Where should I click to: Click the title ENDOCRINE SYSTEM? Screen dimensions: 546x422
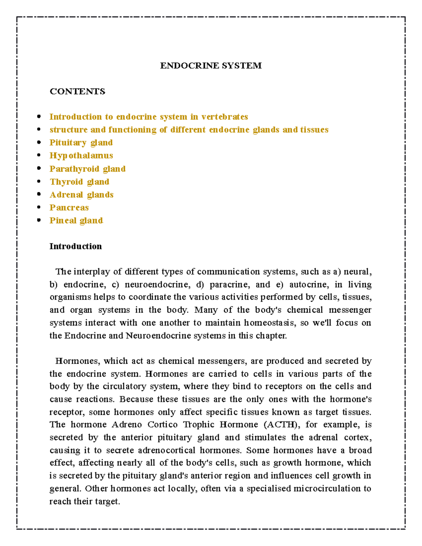pyautogui.click(x=211, y=66)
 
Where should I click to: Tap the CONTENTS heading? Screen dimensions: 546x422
pyautogui.click(x=77, y=91)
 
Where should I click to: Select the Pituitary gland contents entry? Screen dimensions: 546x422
pyautogui.click(x=81, y=143)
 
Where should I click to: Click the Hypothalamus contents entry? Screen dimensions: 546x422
pyautogui.click(x=81, y=156)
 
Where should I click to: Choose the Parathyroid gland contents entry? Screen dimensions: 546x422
pyautogui.click(x=88, y=169)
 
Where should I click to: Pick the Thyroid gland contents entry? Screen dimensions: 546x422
pyautogui.click(x=79, y=182)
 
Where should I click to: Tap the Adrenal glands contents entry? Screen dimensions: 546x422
pyautogui.click(x=82, y=195)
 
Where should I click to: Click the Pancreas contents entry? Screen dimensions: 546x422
pyautogui.click(x=69, y=208)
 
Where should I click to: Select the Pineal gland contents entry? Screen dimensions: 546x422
pyautogui.click(x=76, y=221)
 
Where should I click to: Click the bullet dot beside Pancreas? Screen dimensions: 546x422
pyautogui.click(x=39, y=207)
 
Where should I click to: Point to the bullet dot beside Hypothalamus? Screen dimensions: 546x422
pyautogui.click(x=39, y=155)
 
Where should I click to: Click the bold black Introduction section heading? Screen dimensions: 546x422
pyautogui.click(x=76, y=246)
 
